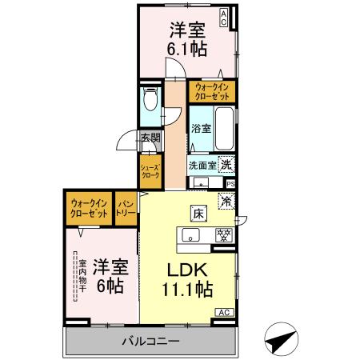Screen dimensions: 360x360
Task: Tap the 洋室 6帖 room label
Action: click(110, 274)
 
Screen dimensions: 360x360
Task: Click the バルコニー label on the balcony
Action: click(150, 341)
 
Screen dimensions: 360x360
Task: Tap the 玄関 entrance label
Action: click(150, 138)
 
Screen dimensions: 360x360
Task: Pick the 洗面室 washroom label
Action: click(202, 166)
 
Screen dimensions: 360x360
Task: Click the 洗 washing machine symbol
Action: click(226, 164)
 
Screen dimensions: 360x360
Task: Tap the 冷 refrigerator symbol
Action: click(226, 203)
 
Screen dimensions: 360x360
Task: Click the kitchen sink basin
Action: click(191, 234)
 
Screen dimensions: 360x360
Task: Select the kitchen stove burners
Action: click(224, 234)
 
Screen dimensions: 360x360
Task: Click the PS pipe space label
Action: click(230, 184)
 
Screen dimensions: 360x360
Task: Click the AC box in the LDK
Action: click(224, 312)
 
